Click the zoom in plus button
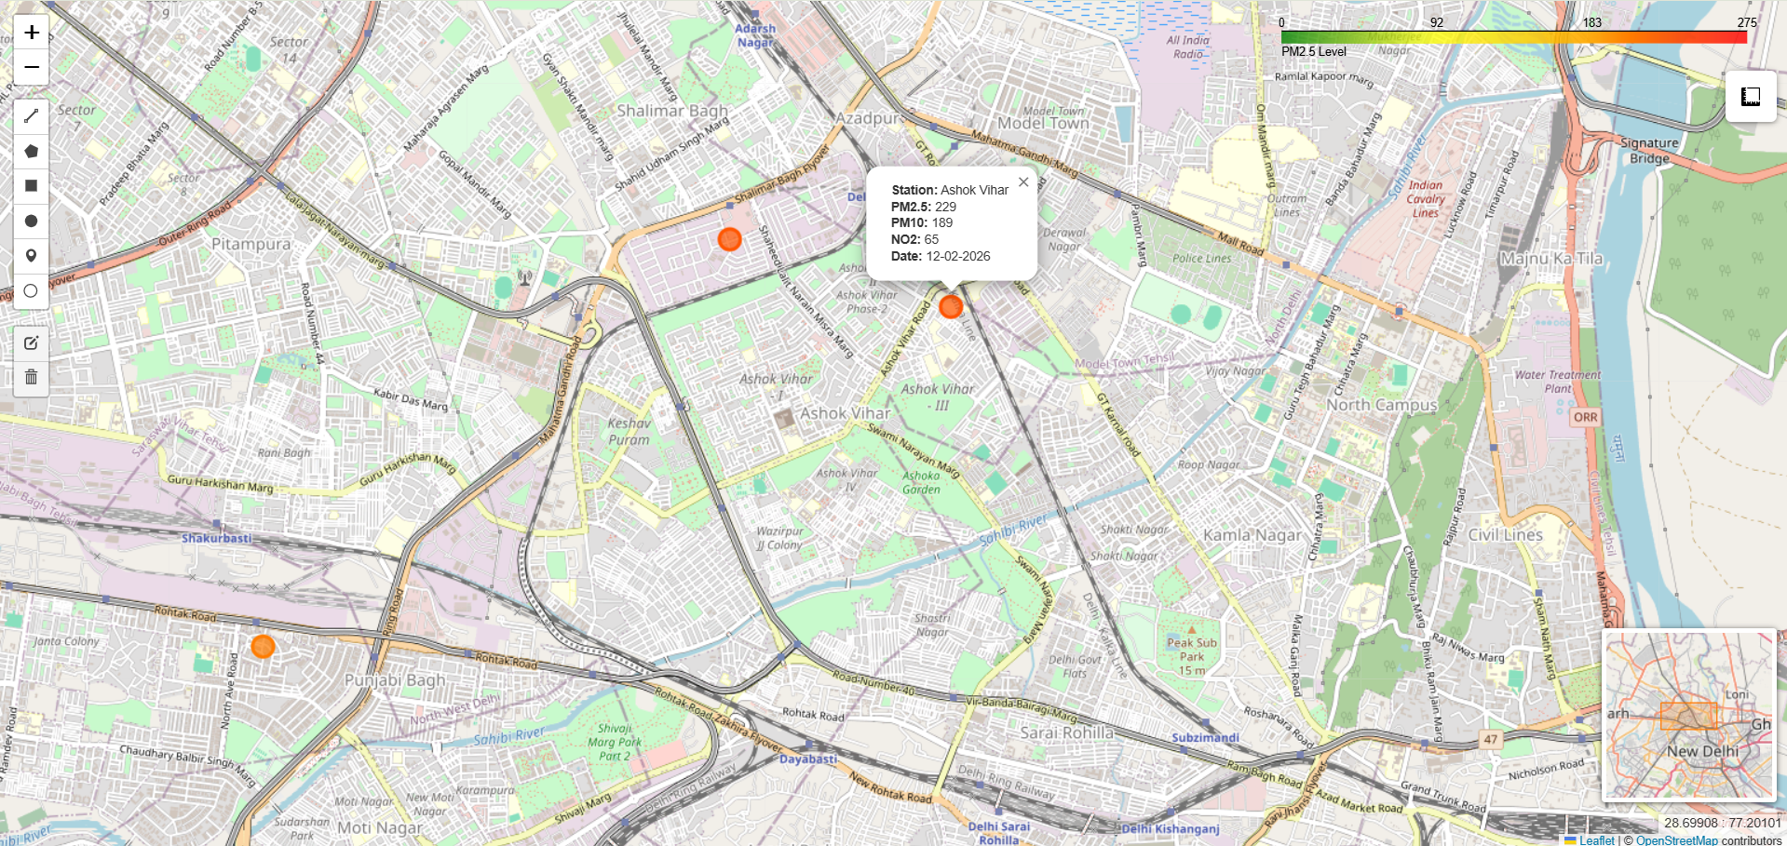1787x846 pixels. coord(32,33)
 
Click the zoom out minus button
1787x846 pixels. coord(32,67)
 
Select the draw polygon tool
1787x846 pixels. coord(31,151)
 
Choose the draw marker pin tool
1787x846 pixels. coord(31,256)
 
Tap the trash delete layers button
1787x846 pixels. coord(31,377)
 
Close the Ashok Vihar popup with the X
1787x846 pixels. coord(1023,182)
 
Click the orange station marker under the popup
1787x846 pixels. coord(950,306)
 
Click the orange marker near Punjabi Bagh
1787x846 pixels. coord(263,646)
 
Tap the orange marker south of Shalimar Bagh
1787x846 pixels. coord(729,239)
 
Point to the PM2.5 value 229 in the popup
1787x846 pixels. coord(945,207)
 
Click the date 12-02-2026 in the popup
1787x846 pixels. coord(957,256)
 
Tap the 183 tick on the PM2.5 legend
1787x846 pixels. coord(1591,22)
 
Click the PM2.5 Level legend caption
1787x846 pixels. coord(1313,51)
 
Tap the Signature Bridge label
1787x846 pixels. coord(1649,151)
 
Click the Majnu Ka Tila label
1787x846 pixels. coord(1551,258)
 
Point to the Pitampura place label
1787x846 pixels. coord(250,244)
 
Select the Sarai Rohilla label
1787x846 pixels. coord(1066,732)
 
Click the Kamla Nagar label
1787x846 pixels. coord(1252,535)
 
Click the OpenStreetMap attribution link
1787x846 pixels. coord(1676,839)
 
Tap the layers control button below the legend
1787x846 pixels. coord(1751,96)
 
